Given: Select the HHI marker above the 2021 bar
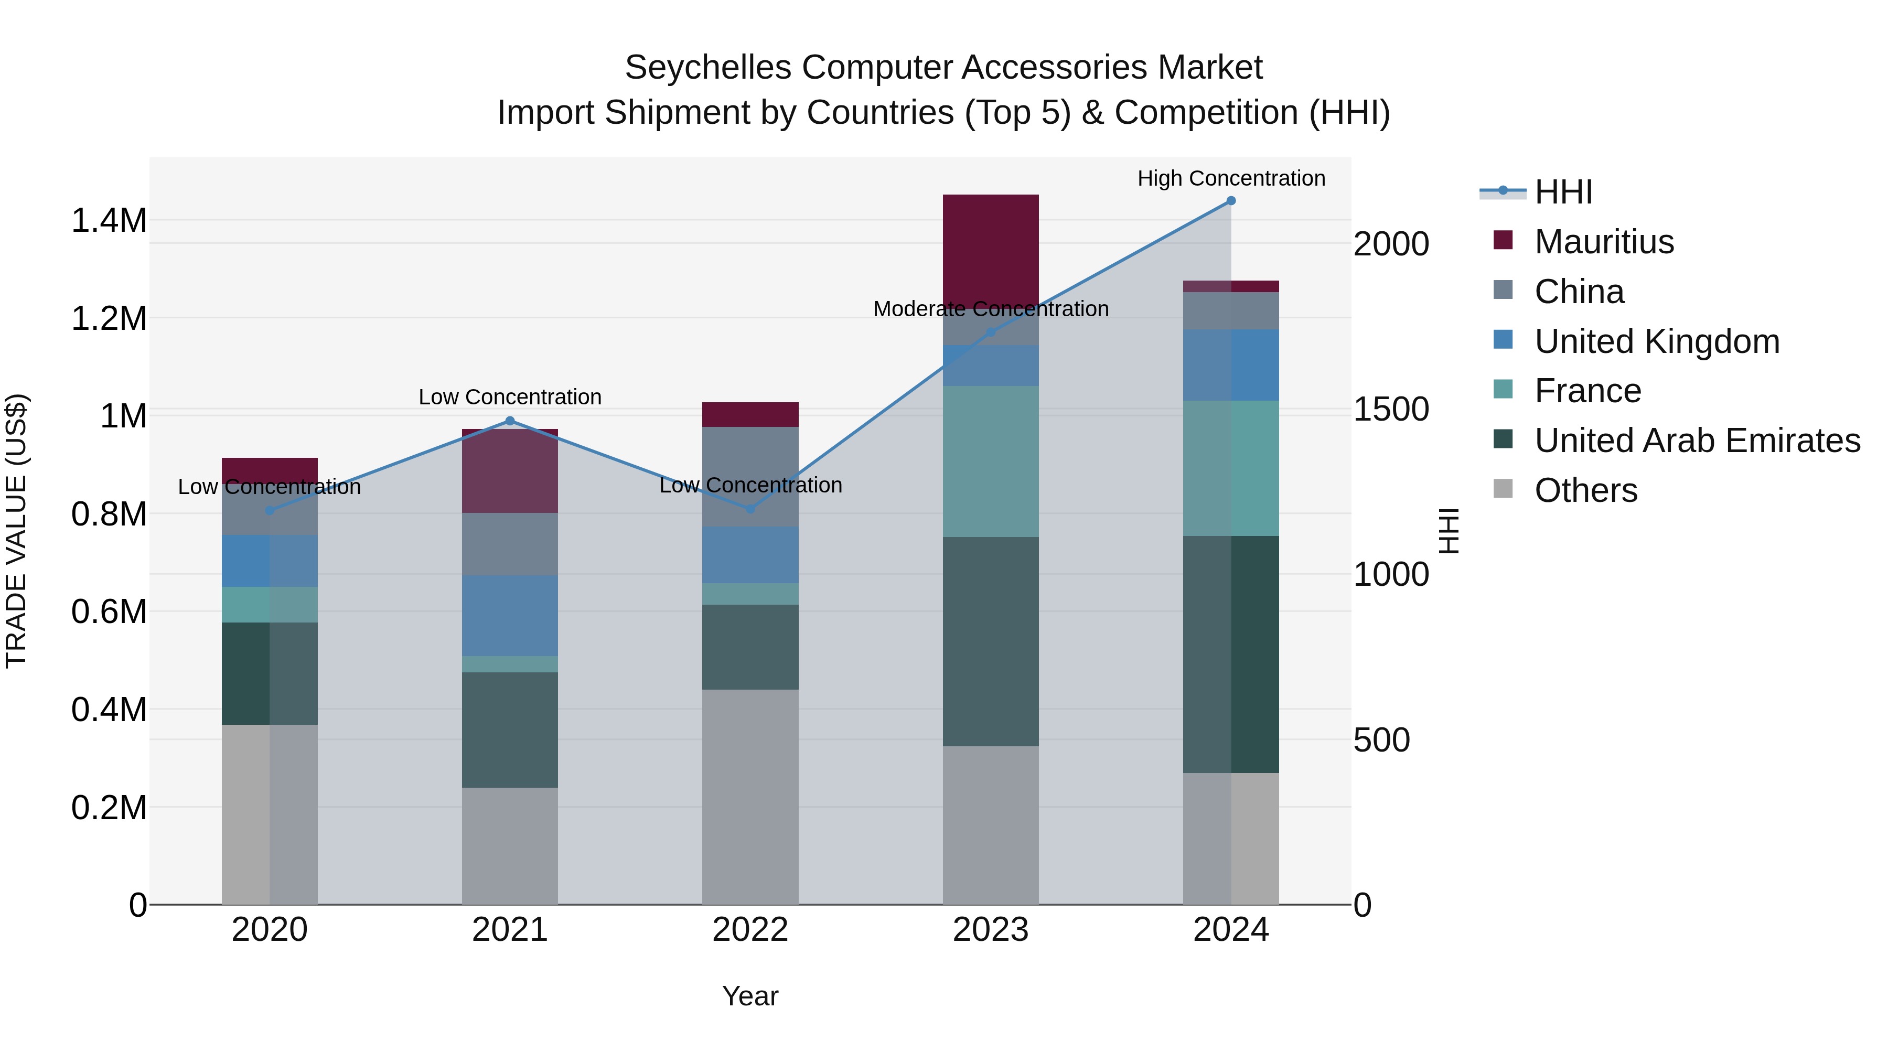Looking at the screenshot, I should click(510, 421).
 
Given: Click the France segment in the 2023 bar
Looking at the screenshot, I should click(990, 461).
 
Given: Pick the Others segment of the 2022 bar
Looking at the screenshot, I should click(750, 797).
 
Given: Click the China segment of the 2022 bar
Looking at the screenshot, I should click(750, 476).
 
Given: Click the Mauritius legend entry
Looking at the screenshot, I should click(1604, 242).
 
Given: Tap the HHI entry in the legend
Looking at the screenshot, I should click(1563, 192).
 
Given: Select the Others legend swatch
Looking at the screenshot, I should click(1503, 489).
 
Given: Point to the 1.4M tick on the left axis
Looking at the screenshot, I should click(109, 221).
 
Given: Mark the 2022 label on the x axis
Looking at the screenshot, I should click(750, 930).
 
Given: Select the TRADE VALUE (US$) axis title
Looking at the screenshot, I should click(16, 531).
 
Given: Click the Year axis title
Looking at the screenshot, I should click(750, 996).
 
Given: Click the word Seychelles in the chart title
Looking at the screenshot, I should click(707, 68).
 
